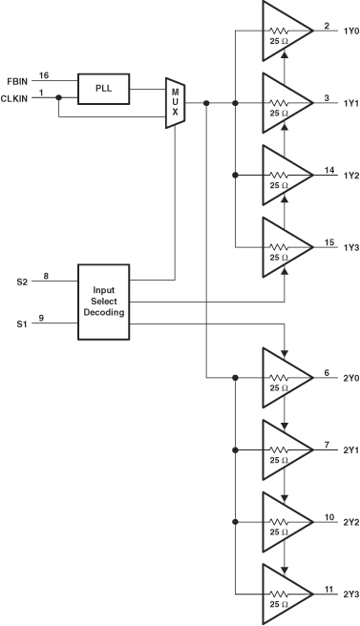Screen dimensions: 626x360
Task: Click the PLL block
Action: [104, 88]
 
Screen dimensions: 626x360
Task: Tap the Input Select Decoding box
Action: [103, 300]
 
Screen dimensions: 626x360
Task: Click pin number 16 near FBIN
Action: [44, 74]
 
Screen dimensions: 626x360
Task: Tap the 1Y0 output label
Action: [349, 31]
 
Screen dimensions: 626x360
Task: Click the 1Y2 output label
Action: [349, 175]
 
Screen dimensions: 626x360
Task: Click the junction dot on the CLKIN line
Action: [59, 96]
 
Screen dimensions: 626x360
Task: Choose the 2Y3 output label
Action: [349, 595]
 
